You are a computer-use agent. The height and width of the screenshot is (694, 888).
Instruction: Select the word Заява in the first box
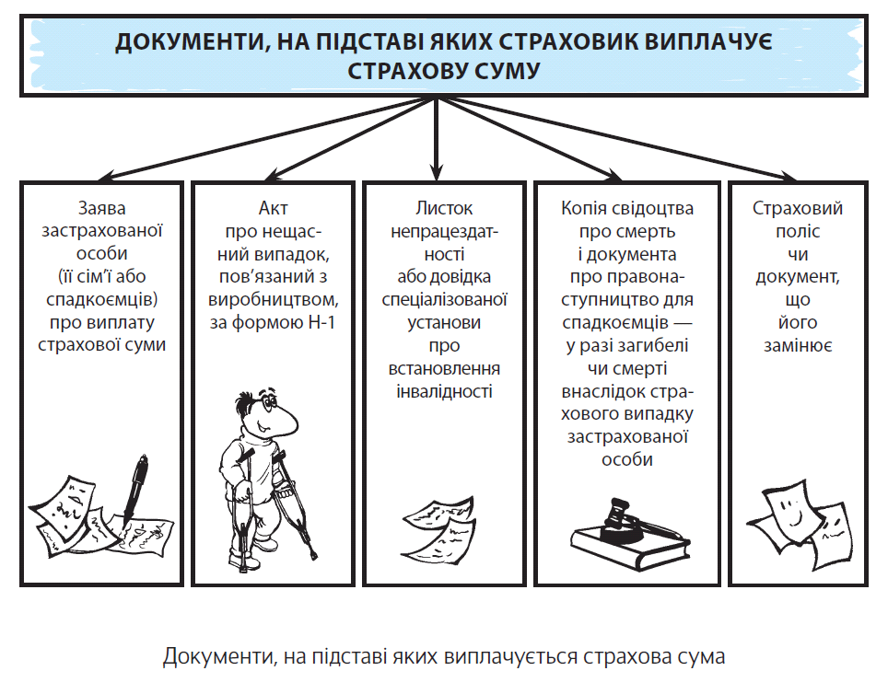[x=102, y=208]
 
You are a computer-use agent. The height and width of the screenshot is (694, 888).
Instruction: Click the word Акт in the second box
[x=273, y=208]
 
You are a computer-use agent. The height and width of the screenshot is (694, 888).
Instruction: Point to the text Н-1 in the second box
[x=321, y=323]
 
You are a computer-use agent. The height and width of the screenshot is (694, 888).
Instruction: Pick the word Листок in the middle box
[x=444, y=208]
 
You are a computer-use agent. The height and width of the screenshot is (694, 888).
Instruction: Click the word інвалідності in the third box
[x=444, y=391]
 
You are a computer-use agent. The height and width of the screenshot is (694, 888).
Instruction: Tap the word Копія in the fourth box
[x=583, y=208]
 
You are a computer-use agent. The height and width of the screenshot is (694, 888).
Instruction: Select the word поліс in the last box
[x=798, y=232]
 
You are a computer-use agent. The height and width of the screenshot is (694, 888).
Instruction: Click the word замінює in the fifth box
[x=798, y=345]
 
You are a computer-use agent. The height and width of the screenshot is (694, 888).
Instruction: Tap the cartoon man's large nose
[x=285, y=420]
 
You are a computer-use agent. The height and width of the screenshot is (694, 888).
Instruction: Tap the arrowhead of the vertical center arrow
[x=436, y=170]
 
